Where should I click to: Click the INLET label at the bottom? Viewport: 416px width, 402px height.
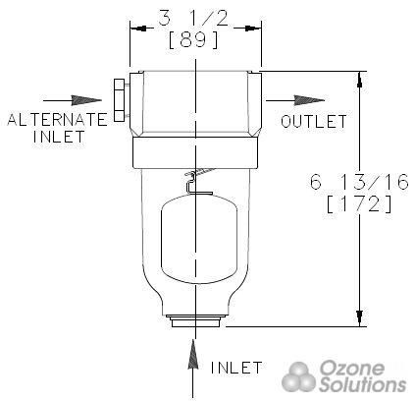(x=236, y=368)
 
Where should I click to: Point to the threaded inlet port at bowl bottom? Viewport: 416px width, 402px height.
(x=196, y=320)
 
